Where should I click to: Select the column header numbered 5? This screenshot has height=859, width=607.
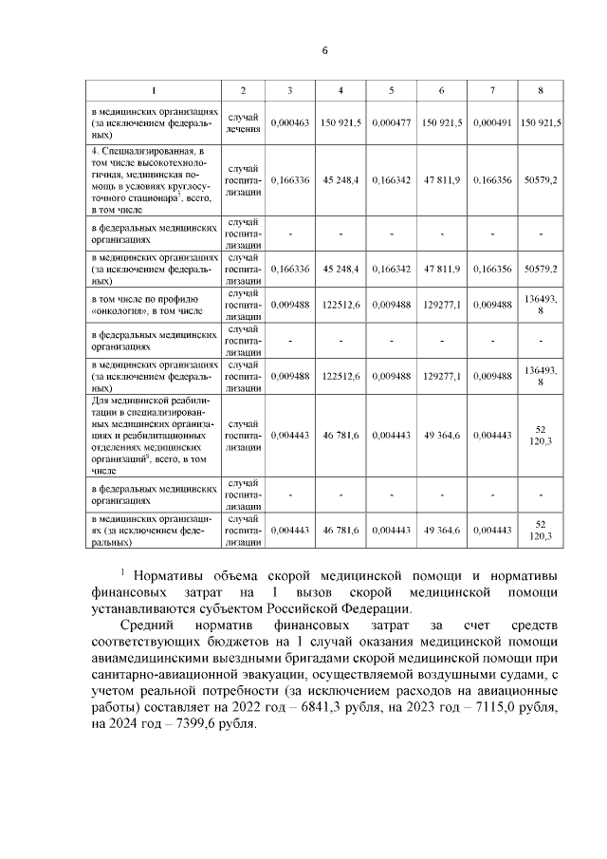[391, 90]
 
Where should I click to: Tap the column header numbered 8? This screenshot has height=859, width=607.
[540, 90]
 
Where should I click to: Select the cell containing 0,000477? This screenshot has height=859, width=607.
[391, 122]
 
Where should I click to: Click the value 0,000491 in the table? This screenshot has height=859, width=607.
[492, 122]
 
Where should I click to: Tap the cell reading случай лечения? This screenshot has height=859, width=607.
[243, 122]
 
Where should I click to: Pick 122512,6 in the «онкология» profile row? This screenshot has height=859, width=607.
[339, 304]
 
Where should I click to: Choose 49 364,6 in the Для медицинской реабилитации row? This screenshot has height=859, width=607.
[442, 436]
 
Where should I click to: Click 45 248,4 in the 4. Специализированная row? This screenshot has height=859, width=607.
[339, 179]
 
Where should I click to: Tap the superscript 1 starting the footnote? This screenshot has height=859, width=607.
[122, 571]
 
